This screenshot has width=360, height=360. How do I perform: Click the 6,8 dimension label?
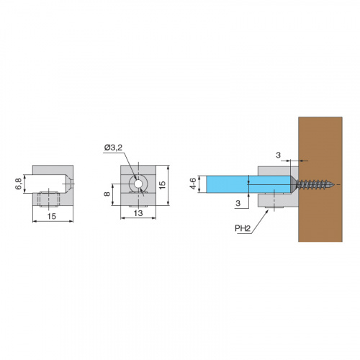click(x=19, y=184)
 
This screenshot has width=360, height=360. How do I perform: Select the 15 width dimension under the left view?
click(x=52, y=216)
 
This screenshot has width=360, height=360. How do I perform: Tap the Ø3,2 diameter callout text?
click(x=113, y=148)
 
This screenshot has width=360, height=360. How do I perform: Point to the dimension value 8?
click(x=107, y=194)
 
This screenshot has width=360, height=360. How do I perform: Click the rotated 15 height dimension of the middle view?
click(x=162, y=185)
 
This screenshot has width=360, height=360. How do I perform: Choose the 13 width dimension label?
click(x=138, y=213)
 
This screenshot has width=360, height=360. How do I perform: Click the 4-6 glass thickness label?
click(x=193, y=184)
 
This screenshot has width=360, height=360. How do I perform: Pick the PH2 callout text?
click(x=243, y=228)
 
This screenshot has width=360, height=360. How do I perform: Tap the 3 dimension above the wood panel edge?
click(x=278, y=156)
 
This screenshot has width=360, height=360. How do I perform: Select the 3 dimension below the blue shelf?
click(x=238, y=203)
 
